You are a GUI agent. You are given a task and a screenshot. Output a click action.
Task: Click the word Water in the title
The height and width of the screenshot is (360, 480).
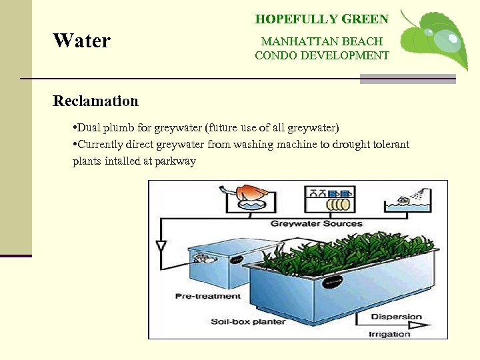pyautogui.click(x=82, y=41)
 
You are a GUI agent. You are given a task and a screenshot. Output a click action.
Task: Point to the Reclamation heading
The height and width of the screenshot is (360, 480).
pyautogui.click(x=95, y=101)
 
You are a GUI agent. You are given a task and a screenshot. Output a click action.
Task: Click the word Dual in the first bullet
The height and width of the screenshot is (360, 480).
pyautogui.click(x=90, y=127)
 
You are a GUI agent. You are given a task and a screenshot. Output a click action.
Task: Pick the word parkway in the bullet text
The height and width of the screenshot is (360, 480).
pyautogui.click(x=176, y=161)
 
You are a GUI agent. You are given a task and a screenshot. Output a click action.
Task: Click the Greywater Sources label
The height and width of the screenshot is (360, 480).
pyautogui.click(x=316, y=223)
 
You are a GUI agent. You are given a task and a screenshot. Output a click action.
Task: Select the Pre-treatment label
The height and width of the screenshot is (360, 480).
pyautogui.click(x=208, y=295)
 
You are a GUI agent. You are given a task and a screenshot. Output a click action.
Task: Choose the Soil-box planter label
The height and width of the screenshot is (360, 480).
pyautogui.click(x=248, y=321)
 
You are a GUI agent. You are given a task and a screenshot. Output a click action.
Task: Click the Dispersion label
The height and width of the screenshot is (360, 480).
pyautogui.click(x=396, y=316)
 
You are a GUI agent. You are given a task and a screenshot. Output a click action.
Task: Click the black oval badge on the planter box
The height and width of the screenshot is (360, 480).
pyautogui.click(x=331, y=281)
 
